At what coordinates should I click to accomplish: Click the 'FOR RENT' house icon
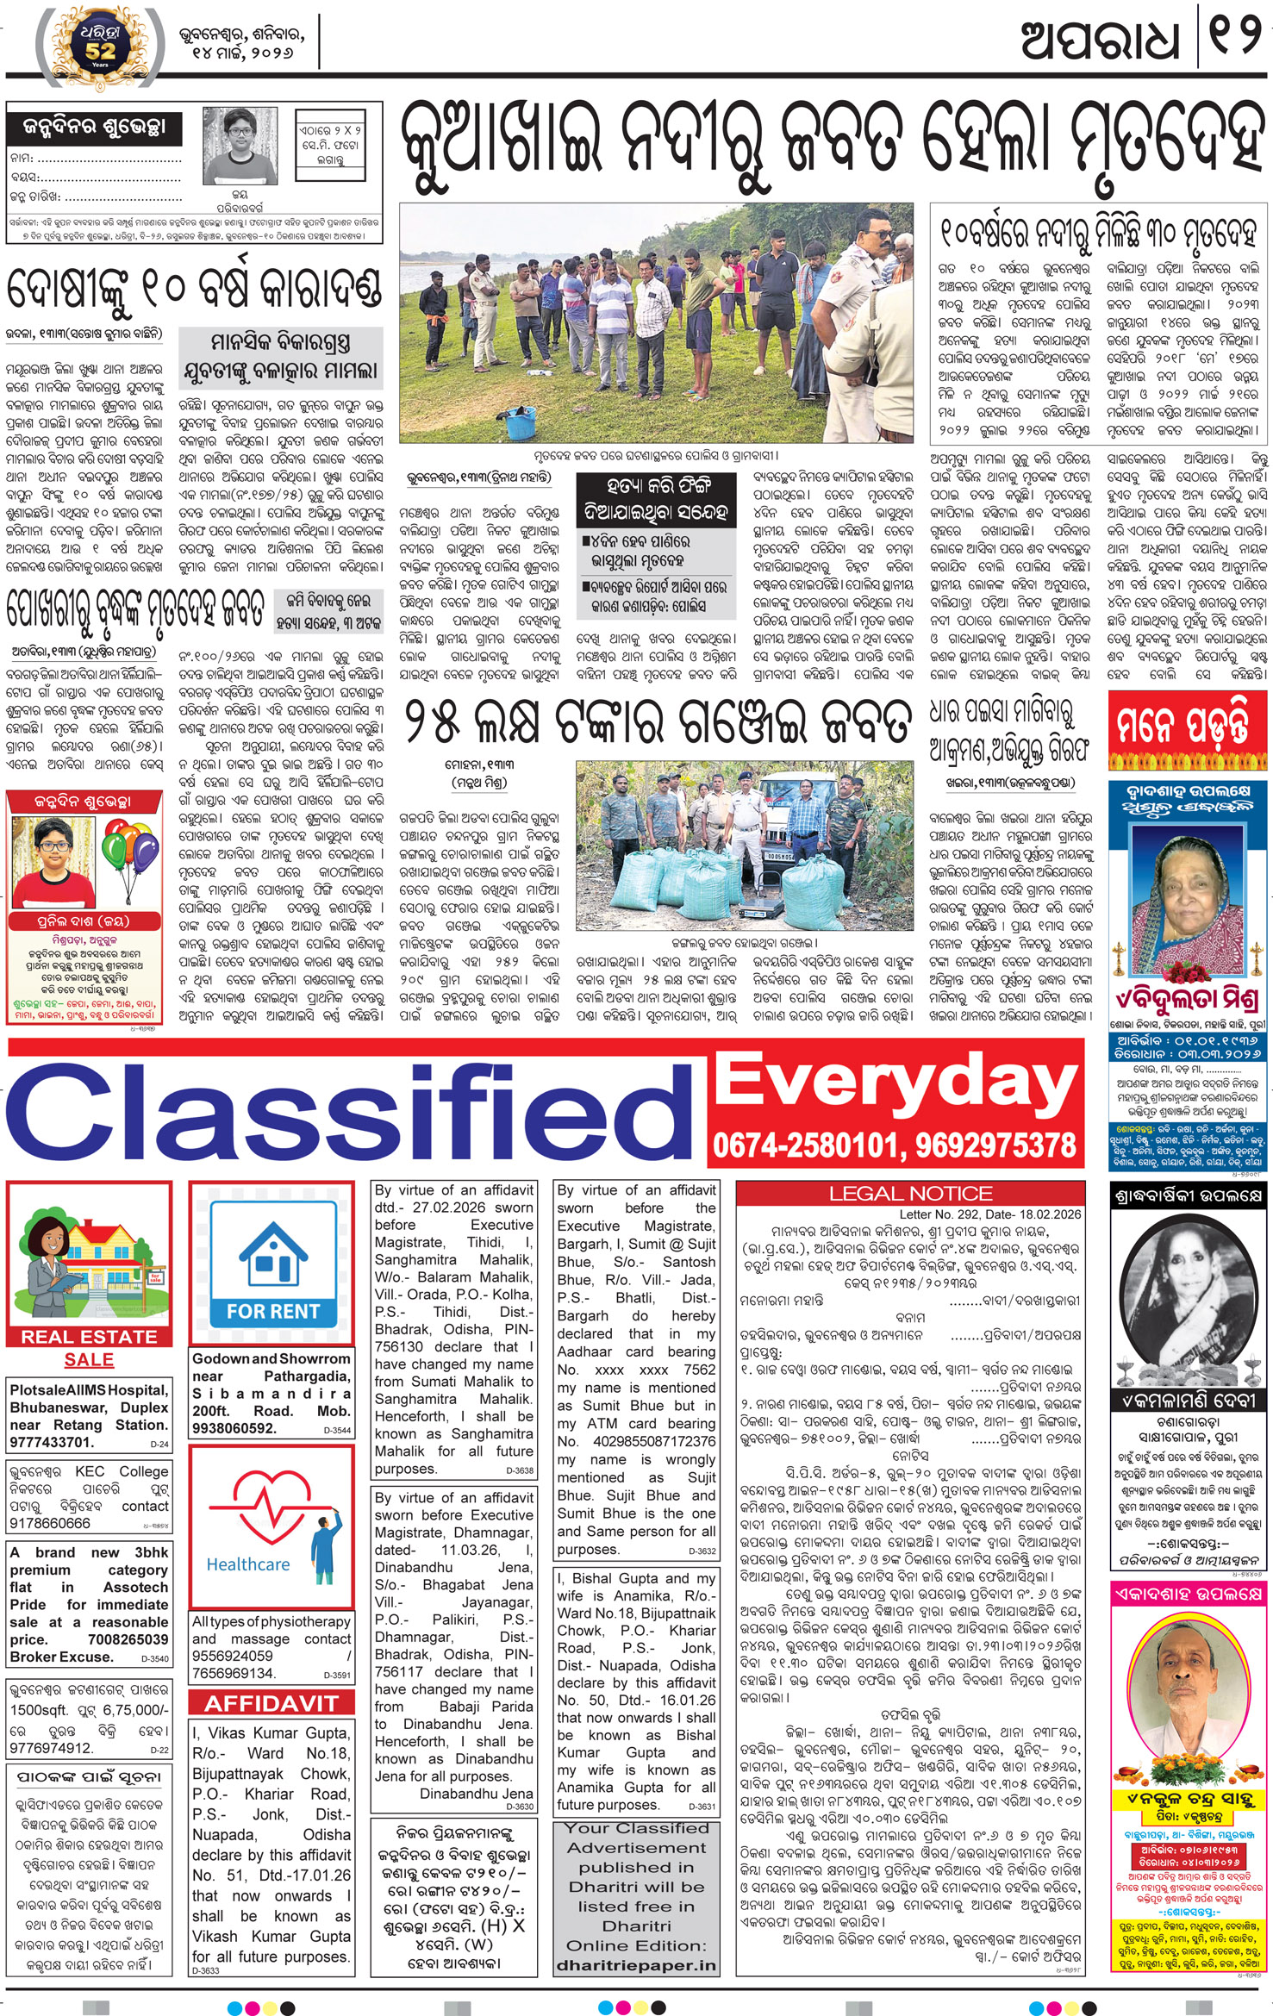point(272,1263)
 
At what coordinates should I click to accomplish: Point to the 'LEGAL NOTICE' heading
point(910,1194)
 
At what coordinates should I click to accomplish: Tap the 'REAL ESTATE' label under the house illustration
point(89,1337)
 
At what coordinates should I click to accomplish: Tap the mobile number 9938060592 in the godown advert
point(234,1428)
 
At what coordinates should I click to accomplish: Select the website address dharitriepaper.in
point(636,1965)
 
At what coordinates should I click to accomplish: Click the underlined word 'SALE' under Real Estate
point(89,1359)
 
